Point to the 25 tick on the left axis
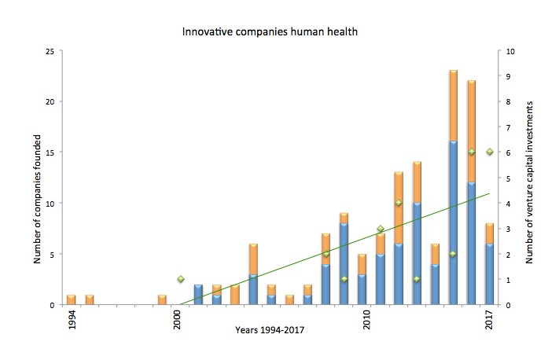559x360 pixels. pyautogui.click(x=50, y=51)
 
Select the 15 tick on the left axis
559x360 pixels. pyautogui.click(x=50, y=152)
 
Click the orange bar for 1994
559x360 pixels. pyautogui.click(x=72, y=299)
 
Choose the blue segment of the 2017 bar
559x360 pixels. pyautogui.click(x=489, y=274)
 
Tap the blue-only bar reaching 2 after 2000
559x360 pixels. pyautogui.click(x=198, y=295)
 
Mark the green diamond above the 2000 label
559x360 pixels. pyautogui.click(x=181, y=279)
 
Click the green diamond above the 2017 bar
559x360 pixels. pyautogui.click(x=489, y=152)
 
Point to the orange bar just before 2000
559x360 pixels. pyautogui.click(x=162, y=299)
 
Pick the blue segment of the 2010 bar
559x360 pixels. pyautogui.click(x=362, y=289)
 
